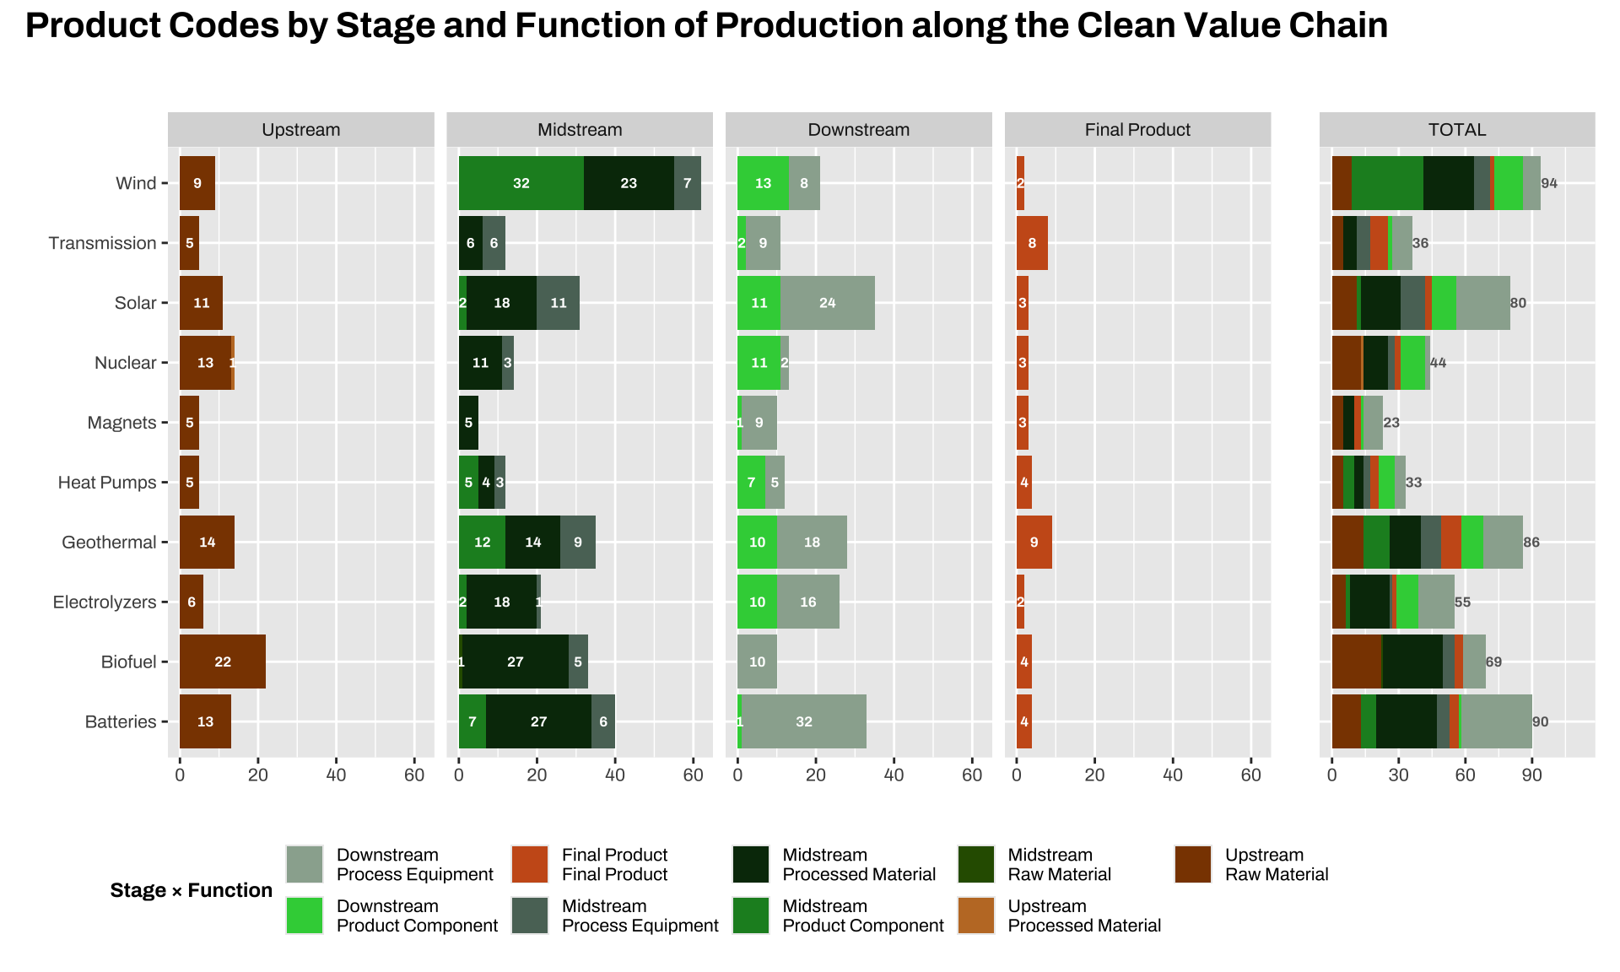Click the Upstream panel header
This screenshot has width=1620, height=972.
[x=300, y=130]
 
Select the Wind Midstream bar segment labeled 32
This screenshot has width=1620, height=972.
[x=521, y=183]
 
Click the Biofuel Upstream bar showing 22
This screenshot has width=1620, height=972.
[x=223, y=661]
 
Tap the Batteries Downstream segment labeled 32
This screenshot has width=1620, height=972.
[x=803, y=721]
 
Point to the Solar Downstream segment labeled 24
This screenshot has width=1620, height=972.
[x=827, y=303]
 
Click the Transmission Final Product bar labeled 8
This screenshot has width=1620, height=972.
[x=1032, y=243]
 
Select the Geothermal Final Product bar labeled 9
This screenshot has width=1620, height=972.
[x=1034, y=542]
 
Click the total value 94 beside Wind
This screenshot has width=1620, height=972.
[x=1549, y=183]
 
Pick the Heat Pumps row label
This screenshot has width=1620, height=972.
[x=107, y=483]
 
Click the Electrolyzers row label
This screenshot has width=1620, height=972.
[x=105, y=602]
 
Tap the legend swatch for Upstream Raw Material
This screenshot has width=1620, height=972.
[x=1193, y=865]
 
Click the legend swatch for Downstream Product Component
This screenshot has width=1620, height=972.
[x=305, y=915]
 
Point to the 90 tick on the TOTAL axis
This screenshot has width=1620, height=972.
[x=1532, y=775]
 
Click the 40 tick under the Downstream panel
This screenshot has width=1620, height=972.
[x=894, y=775]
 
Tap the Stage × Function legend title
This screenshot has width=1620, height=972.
[x=192, y=890]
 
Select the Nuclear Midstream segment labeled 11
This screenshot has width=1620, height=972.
[x=480, y=363]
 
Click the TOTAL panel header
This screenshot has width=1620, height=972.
[x=1457, y=130]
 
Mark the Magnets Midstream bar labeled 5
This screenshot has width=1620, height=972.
[x=468, y=423]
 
